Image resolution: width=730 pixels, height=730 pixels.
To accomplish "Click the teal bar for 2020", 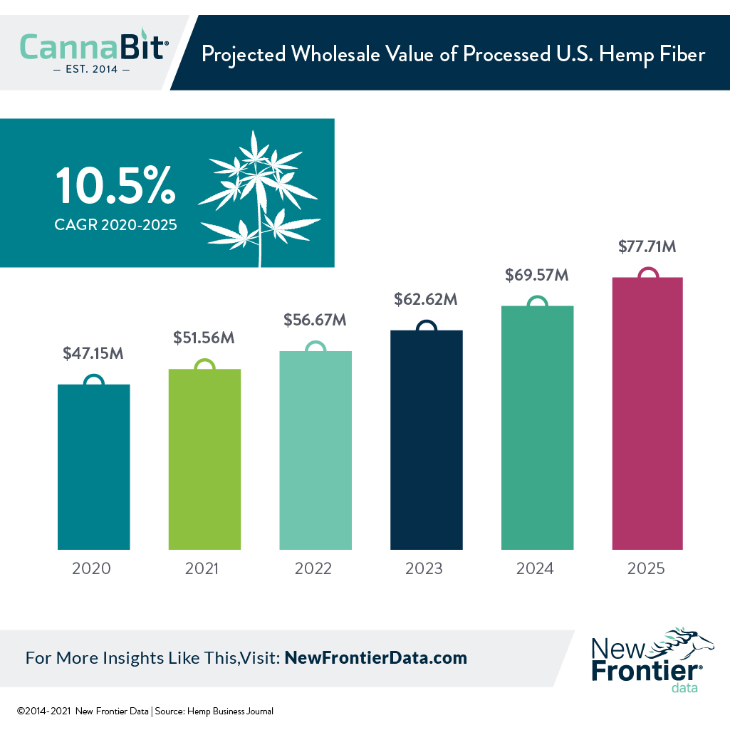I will tap(93, 466).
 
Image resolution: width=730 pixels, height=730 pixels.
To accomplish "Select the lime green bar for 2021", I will tap(204, 459).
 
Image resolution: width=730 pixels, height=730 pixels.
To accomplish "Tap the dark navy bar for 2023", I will tap(427, 439).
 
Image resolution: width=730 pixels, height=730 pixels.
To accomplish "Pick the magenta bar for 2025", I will tap(647, 413).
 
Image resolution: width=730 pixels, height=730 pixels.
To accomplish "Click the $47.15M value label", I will tap(93, 353).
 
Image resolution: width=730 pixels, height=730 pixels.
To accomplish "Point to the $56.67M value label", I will tap(315, 320).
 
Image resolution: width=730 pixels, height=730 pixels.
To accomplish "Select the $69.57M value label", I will tap(537, 274).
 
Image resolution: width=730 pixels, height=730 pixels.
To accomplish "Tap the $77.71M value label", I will tap(647, 247).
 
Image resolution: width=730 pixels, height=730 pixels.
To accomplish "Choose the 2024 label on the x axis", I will tap(536, 569).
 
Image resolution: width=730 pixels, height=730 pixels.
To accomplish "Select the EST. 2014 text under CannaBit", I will tap(92, 70).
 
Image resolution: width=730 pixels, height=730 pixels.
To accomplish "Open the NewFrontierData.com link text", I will tap(375, 657).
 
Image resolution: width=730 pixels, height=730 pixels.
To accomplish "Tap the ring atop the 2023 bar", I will tap(426, 326).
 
